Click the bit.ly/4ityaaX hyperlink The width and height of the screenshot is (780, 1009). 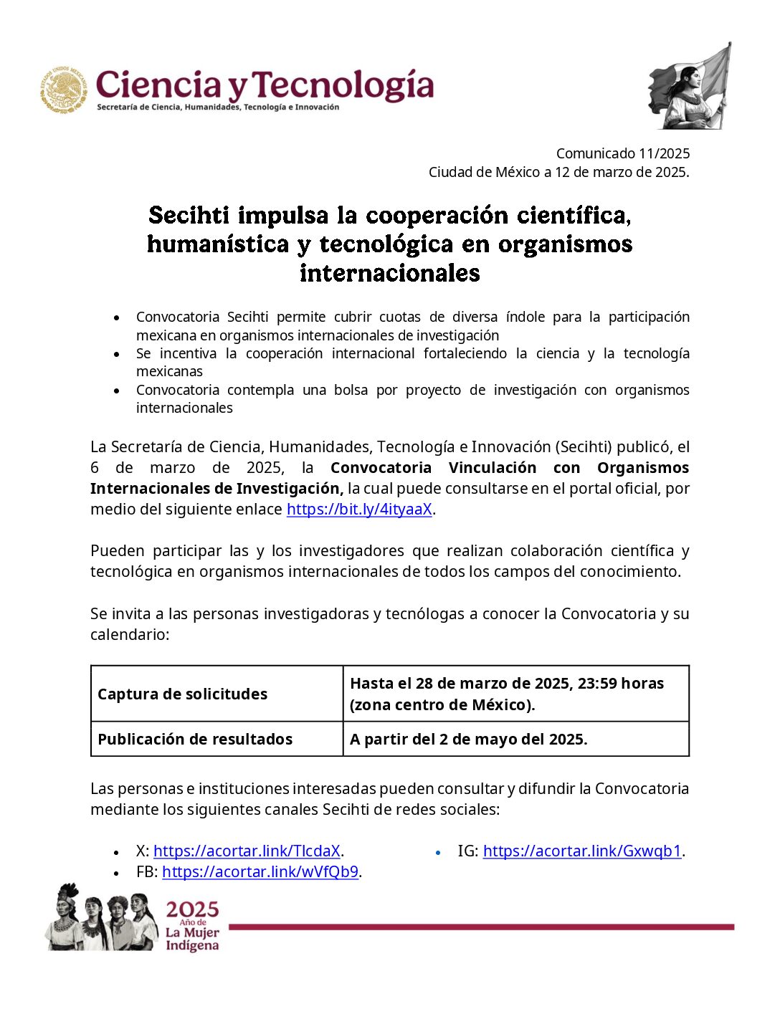(359, 510)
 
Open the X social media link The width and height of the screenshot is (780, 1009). (247, 851)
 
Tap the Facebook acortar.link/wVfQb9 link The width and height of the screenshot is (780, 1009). (260, 872)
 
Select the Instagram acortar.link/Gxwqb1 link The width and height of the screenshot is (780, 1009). (581, 851)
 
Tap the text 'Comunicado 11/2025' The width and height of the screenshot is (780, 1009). (622, 153)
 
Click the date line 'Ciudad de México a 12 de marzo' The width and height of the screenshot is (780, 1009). (558, 172)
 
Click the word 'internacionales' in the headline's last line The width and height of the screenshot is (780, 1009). (389, 273)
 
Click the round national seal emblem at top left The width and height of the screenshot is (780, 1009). (64, 90)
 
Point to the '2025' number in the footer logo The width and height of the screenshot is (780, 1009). (192, 910)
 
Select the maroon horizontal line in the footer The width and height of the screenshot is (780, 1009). (480, 927)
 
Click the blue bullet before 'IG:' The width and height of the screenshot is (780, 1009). (438, 853)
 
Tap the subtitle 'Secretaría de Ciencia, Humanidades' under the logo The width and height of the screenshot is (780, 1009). (218, 107)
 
